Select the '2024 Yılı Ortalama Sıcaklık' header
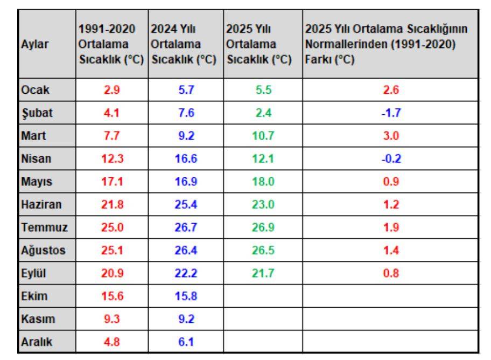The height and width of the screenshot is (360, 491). (x=184, y=46)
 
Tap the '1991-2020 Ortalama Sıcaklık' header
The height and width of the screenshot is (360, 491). (x=110, y=46)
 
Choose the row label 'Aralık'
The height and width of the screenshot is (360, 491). (x=35, y=341)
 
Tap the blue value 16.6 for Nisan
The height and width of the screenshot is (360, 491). (x=186, y=159)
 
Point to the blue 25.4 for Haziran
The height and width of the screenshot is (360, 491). (x=186, y=204)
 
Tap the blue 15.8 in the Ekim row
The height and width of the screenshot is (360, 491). (x=186, y=296)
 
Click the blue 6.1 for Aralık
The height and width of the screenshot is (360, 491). (x=186, y=341)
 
